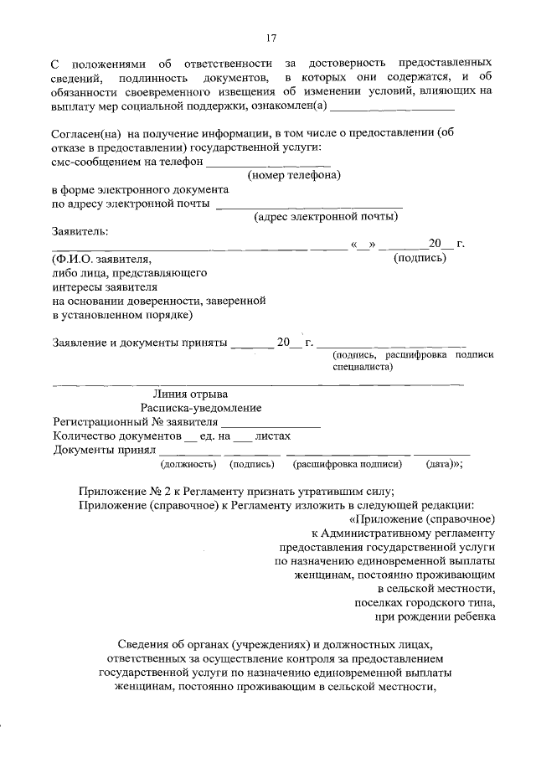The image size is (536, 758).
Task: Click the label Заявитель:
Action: pyautogui.click(x=80, y=231)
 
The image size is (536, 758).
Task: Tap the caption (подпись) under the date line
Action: pyautogui.click(x=420, y=258)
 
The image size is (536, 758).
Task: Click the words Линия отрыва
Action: pyautogui.click(x=189, y=394)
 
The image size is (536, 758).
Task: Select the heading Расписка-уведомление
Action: pyautogui.click(x=201, y=408)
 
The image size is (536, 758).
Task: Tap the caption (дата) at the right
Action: pyautogui.click(x=442, y=463)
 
